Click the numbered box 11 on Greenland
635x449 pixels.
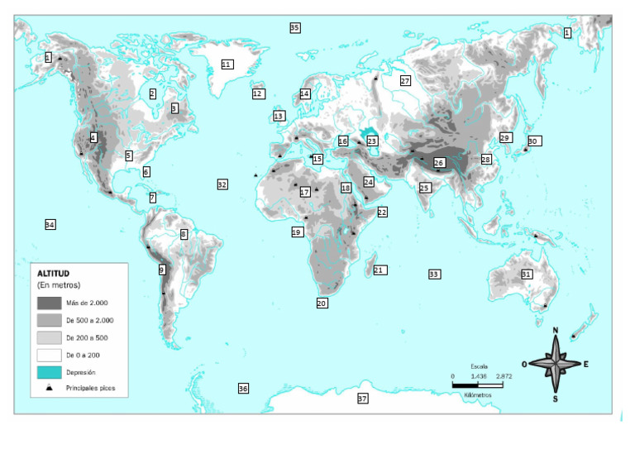click(x=227, y=64)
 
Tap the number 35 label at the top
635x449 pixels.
click(x=295, y=28)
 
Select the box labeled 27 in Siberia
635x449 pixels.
click(x=405, y=81)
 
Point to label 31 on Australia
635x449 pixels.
click(x=527, y=274)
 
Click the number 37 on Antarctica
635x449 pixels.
click(x=362, y=399)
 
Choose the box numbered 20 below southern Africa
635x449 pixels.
click(x=322, y=303)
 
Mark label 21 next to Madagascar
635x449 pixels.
click(x=380, y=270)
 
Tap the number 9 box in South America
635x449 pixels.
click(x=162, y=270)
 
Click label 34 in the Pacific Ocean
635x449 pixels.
click(x=50, y=225)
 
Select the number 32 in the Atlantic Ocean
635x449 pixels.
click(x=222, y=184)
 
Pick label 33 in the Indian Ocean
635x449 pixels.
click(x=434, y=274)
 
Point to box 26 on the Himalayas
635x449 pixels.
click(x=439, y=163)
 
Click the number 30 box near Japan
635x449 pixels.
click(x=533, y=141)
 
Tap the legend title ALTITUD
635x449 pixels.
click(x=54, y=273)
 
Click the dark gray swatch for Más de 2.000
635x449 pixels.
click(x=50, y=303)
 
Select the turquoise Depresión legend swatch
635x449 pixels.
click(x=50, y=372)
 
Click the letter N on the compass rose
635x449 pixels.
click(x=556, y=332)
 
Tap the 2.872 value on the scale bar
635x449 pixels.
click(x=504, y=376)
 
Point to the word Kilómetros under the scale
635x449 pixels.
click(x=478, y=394)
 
